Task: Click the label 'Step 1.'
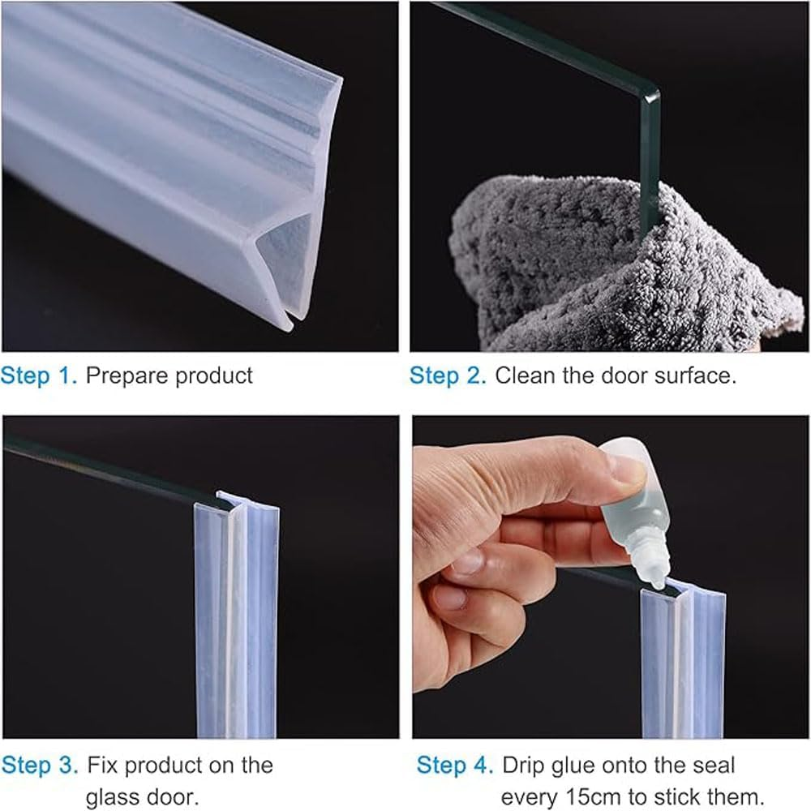click(39, 375)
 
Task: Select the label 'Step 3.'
click(40, 765)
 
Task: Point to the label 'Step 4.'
click(455, 765)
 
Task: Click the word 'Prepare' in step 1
click(127, 375)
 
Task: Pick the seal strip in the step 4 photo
click(681, 665)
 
